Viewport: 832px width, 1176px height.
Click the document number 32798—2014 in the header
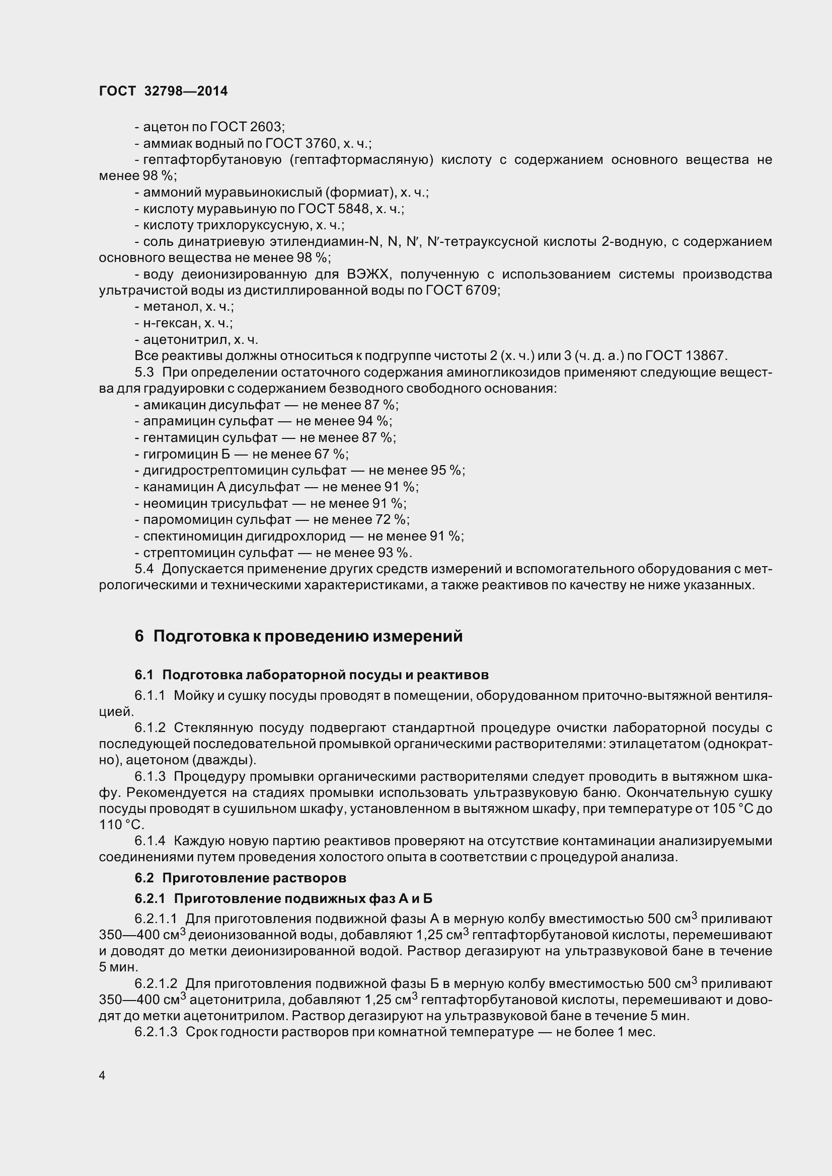(x=186, y=91)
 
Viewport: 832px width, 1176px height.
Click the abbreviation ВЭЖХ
(x=369, y=275)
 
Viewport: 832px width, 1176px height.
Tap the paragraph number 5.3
(x=144, y=372)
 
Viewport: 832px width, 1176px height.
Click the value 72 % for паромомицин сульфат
(x=392, y=519)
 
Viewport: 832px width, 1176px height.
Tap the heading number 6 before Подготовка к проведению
(x=139, y=636)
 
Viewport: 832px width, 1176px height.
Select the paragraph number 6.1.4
(x=150, y=841)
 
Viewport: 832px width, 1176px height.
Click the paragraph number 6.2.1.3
(x=156, y=1032)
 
